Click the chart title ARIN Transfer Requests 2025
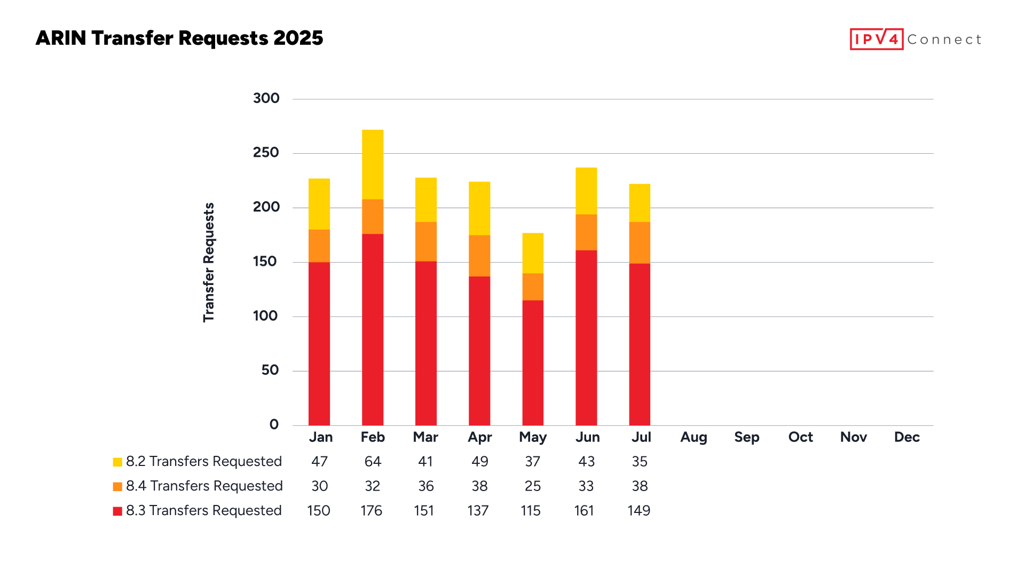179,38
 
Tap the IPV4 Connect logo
915,39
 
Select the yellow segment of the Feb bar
373,164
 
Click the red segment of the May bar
533,363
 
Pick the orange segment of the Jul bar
640,243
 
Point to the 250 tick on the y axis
266,153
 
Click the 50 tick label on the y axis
270,370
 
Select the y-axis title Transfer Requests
209,262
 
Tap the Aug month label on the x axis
693,437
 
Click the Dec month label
906,437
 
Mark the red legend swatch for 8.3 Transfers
117,511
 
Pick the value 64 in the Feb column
373,462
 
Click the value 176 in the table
372,511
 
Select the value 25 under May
533,486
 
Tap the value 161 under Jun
584,511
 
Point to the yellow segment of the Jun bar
586,191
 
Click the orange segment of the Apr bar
479,256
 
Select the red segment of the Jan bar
319,344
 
